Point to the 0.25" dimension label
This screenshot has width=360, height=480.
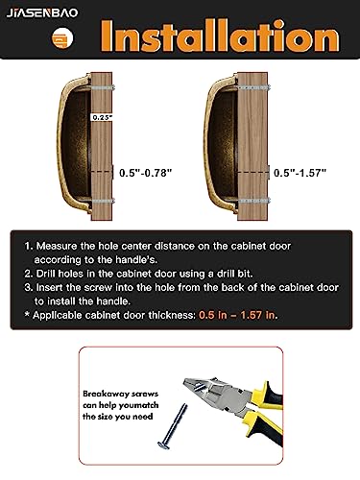pyautogui.click(x=102, y=116)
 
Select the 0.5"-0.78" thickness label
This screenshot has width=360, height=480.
pyautogui.click(x=145, y=173)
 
